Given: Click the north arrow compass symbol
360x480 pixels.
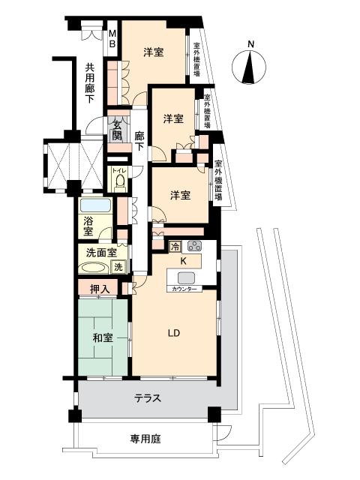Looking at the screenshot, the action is pyautogui.click(x=249, y=67).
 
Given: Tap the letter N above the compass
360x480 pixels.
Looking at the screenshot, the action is pyautogui.click(x=250, y=43).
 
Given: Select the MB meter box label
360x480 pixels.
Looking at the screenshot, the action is pyautogui.click(x=112, y=38).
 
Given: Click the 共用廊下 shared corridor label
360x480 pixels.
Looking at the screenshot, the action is pyautogui.click(x=89, y=82).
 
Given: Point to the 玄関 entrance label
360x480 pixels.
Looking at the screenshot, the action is pyautogui.click(x=117, y=130).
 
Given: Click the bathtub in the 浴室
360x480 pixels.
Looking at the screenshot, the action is pyautogui.click(x=95, y=205).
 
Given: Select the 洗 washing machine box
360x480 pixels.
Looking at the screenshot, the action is pyautogui.click(x=118, y=267).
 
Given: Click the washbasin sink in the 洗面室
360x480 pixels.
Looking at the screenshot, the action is pyautogui.click(x=94, y=268).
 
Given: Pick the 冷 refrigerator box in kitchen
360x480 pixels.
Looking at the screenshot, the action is pyautogui.click(x=175, y=246).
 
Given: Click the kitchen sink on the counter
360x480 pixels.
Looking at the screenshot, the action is pyautogui.click(x=186, y=278).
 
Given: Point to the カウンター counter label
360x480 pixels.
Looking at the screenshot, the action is pyautogui.click(x=184, y=288).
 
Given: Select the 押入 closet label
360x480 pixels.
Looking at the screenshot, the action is pyautogui.click(x=100, y=289).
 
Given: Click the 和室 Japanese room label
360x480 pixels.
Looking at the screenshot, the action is pyautogui.click(x=103, y=338).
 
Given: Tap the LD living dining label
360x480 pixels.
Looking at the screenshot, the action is pyautogui.click(x=173, y=333).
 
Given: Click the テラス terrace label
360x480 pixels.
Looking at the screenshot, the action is pyautogui.click(x=148, y=398).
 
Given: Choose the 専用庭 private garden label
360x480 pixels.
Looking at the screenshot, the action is pyautogui.click(x=145, y=439).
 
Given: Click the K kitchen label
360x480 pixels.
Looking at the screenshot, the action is pyautogui.click(x=183, y=261).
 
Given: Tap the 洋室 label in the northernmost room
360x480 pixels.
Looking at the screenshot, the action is pyautogui.click(x=153, y=52).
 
